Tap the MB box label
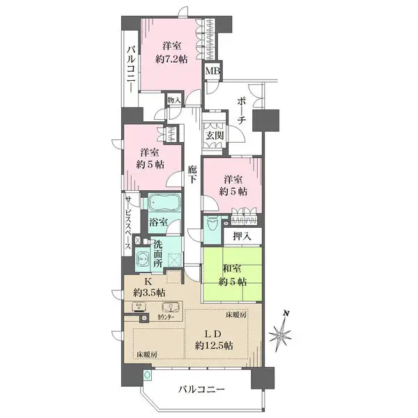(x=210, y=70)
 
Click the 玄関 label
(x=214, y=135)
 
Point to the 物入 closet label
(x=174, y=101)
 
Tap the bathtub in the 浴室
(x=162, y=207)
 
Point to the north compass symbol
(x=281, y=336)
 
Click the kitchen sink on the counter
(x=167, y=307)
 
